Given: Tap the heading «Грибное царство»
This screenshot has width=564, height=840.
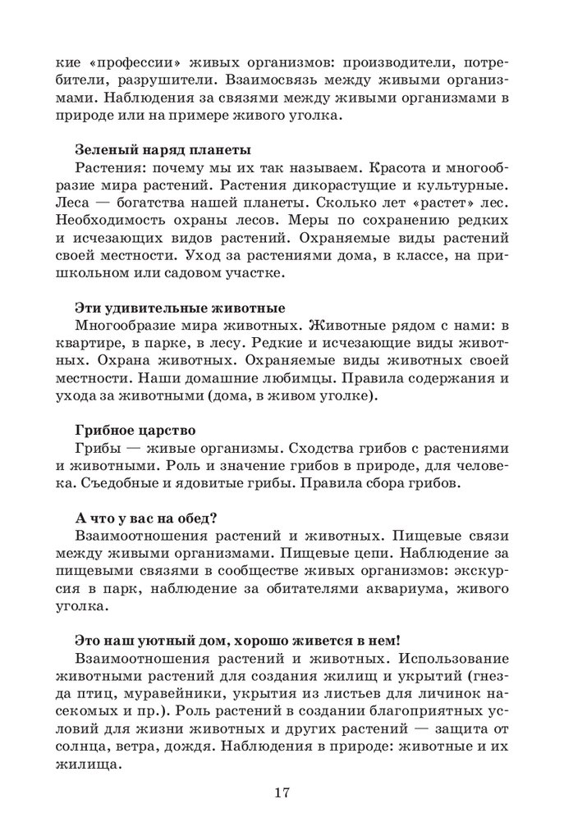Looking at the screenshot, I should pyautogui.click(x=135, y=430).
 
